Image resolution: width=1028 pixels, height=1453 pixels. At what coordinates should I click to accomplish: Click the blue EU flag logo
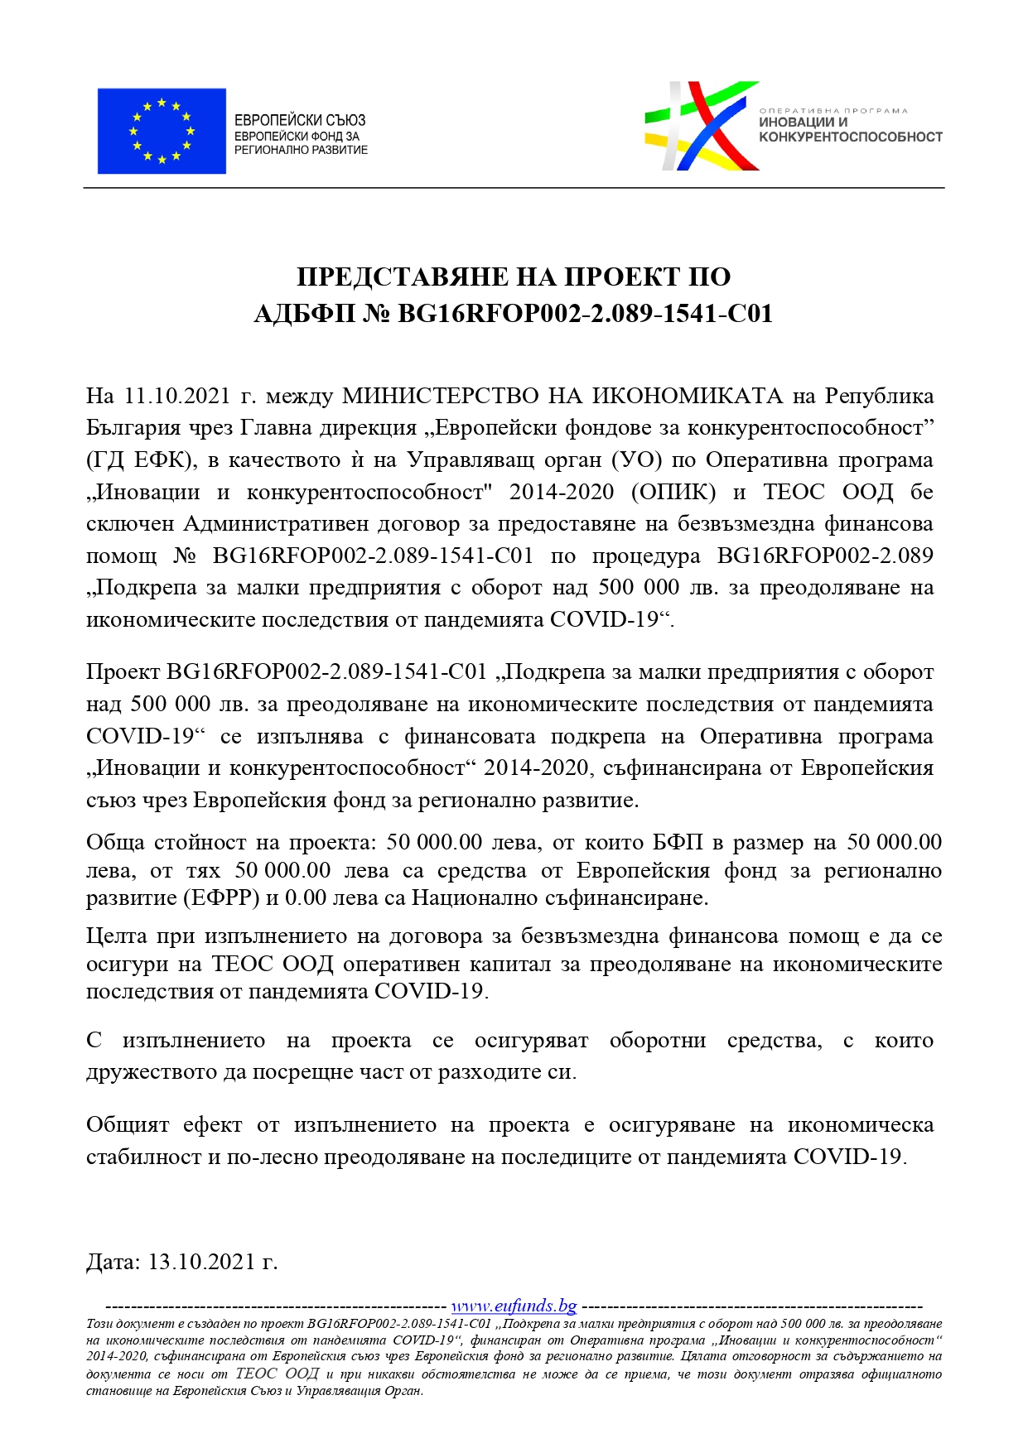click(162, 131)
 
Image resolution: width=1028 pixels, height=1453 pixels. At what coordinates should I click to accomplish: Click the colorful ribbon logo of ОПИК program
click(700, 126)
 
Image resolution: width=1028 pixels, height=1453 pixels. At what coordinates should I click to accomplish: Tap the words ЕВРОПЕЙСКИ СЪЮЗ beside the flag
click(300, 120)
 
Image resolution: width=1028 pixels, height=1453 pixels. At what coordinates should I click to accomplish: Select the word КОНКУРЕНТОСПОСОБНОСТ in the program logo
click(851, 137)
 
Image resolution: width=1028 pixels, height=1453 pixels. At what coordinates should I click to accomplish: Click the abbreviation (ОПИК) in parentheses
click(673, 492)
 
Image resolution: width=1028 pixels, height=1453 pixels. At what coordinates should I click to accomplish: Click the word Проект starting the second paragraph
click(123, 671)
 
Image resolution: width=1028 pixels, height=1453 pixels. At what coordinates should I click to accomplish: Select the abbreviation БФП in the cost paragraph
click(678, 843)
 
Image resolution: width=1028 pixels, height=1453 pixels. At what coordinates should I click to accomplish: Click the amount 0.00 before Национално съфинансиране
click(305, 897)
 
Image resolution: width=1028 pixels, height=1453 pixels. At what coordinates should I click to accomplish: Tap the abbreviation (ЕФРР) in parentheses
click(215, 897)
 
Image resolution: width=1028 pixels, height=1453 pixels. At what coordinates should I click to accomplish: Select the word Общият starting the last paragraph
click(128, 1125)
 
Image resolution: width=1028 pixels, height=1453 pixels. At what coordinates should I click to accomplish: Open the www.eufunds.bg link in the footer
click(514, 1306)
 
